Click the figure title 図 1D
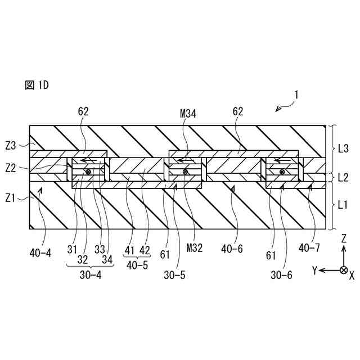(38, 85)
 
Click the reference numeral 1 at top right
(297, 96)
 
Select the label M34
(188, 114)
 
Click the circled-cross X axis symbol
(343, 271)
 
